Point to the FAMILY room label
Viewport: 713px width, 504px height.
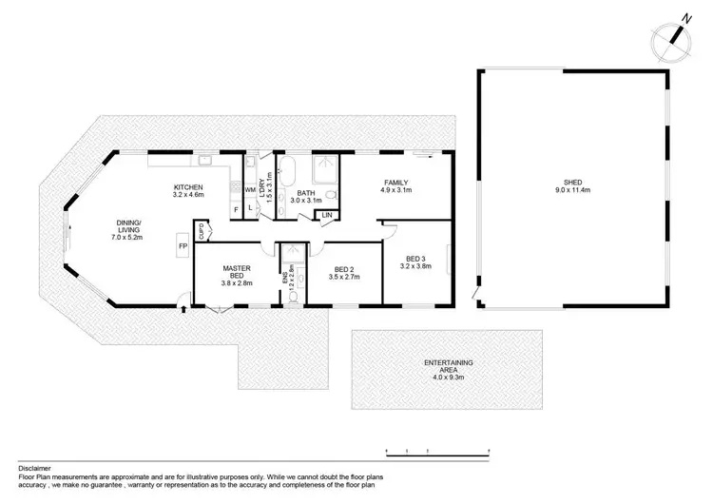(396, 183)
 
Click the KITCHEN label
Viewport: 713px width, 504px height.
(188, 187)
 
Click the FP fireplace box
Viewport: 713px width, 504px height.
(182, 246)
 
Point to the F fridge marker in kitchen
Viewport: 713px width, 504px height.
(236, 208)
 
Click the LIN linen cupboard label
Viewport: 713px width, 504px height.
(327, 216)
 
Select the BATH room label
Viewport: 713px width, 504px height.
(306, 193)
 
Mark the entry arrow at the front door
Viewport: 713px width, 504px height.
(183, 308)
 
